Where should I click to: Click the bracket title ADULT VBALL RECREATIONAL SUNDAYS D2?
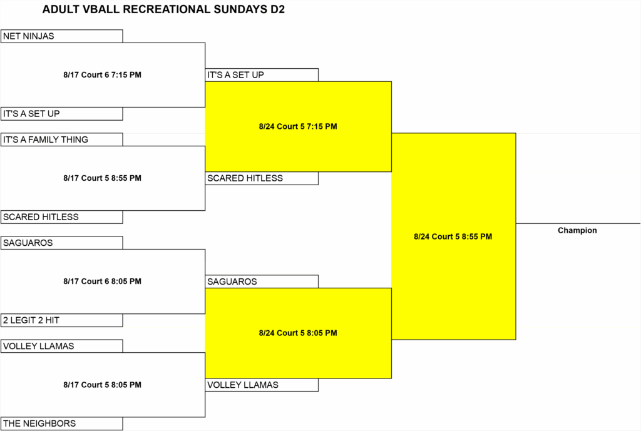(163, 9)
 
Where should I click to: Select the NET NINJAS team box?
(62, 36)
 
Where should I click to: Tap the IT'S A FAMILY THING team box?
(62, 139)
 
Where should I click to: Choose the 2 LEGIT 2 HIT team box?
(62, 320)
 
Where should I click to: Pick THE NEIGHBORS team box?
(62, 423)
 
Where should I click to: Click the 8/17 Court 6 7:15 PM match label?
(102, 75)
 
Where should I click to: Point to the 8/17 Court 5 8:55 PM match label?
(102, 178)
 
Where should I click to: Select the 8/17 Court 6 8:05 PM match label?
(102, 281)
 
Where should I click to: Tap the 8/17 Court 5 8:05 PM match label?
(102, 385)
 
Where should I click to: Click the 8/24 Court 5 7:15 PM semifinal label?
(298, 126)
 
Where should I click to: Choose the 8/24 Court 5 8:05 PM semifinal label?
(298, 333)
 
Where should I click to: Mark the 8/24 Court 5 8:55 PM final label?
(453, 236)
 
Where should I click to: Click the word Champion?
(577, 230)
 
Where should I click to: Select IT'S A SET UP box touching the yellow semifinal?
(262, 75)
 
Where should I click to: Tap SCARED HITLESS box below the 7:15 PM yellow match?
(262, 178)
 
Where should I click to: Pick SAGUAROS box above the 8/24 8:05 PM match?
(262, 281)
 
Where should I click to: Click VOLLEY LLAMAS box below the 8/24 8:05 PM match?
(262, 385)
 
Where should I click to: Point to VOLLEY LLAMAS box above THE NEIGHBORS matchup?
(62, 346)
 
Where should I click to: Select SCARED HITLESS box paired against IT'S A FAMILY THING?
(62, 217)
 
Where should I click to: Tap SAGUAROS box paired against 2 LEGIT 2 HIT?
(62, 243)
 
